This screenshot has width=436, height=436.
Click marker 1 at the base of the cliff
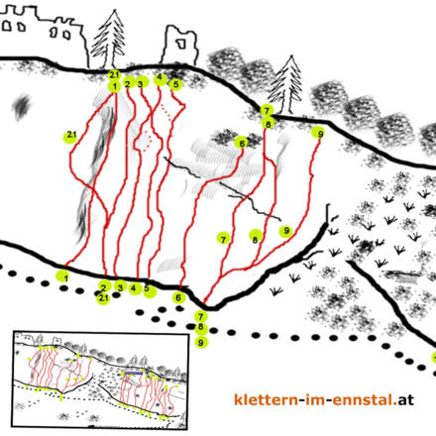pos(66,276)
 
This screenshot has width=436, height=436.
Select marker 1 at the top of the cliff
pos(114,86)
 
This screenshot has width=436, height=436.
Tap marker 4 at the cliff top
pos(161,78)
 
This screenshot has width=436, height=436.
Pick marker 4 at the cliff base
pos(134,288)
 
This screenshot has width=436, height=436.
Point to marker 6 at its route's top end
pos(242,144)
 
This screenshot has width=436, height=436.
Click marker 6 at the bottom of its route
pos(178,298)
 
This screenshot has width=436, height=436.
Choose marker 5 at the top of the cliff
pos(175,84)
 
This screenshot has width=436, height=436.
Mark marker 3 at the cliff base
pos(120,286)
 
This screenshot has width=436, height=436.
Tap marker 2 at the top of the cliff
pos(128,82)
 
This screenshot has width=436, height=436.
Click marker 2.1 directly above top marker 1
pos(114,75)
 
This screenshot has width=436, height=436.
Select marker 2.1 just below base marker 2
pos(103,298)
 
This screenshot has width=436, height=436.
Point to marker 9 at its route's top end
pos(319,134)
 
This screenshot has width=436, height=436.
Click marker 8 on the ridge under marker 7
pos(268,124)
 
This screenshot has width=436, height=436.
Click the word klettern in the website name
pos(266,399)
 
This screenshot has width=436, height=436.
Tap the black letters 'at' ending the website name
pos(406,400)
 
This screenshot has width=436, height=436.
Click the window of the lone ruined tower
pos(181,43)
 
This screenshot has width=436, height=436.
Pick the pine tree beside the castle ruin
pos(109,40)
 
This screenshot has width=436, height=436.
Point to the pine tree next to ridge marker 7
pos(284,84)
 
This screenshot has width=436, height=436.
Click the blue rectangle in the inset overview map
pos(134,373)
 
